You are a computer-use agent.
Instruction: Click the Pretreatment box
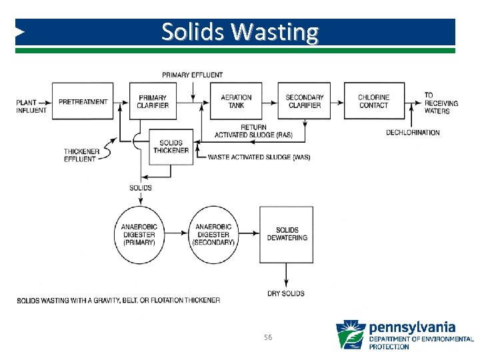83,101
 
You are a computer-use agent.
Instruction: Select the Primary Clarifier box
153,101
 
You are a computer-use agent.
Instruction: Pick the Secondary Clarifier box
304,101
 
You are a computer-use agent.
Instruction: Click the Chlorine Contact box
373,101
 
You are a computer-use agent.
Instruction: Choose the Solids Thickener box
170,147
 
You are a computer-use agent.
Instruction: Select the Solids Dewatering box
287,235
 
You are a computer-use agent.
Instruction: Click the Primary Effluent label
193,75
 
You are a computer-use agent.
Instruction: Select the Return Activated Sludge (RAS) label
253,131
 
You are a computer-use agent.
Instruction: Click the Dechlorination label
413,133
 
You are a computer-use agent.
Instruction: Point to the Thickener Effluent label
81,155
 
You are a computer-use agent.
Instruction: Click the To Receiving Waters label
437,103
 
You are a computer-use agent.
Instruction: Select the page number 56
268,338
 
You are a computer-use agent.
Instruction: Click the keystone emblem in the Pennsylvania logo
351,335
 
